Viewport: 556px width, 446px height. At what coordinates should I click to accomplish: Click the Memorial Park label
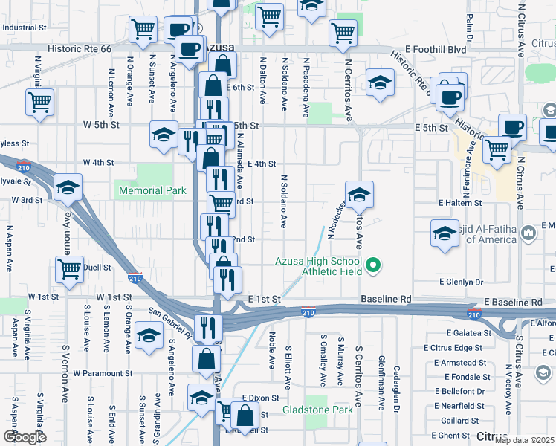[153, 190]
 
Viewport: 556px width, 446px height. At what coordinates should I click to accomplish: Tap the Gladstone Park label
[317, 410]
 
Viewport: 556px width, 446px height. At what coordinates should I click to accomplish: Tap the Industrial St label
[24, 28]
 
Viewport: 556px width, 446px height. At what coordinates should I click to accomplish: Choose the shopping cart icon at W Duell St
[69, 269]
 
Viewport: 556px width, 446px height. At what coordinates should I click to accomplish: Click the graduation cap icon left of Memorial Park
[68, 188]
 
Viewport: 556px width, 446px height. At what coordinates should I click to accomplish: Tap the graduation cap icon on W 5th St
[164, 134]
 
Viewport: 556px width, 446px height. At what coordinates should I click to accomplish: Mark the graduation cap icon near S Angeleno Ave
[149, 335]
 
